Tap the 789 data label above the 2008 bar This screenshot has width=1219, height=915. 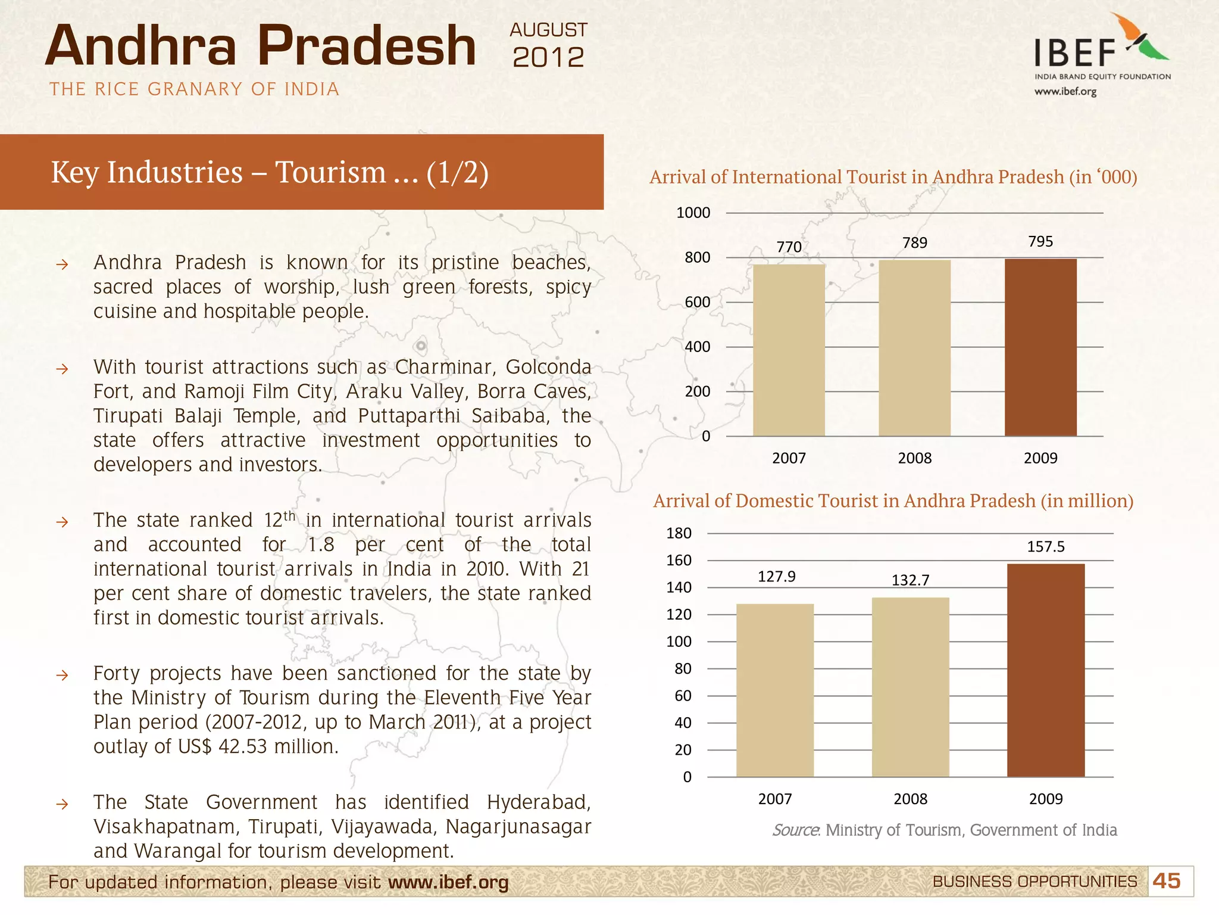915,243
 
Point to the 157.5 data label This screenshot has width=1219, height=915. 1046,547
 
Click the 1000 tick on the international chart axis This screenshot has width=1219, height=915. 693,213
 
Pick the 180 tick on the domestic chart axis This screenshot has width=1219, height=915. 679,533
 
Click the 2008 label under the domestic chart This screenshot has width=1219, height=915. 910,799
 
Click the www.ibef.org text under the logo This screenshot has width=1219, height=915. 1065,92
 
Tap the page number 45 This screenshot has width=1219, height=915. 1166,881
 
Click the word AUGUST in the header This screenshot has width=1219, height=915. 548,30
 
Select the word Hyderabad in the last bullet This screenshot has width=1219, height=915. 538,802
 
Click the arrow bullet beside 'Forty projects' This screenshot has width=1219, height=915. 62,676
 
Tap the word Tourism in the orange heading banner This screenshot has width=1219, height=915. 331,173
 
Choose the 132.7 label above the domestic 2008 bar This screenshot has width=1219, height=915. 910,580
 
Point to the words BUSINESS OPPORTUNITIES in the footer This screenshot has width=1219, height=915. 1034,882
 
